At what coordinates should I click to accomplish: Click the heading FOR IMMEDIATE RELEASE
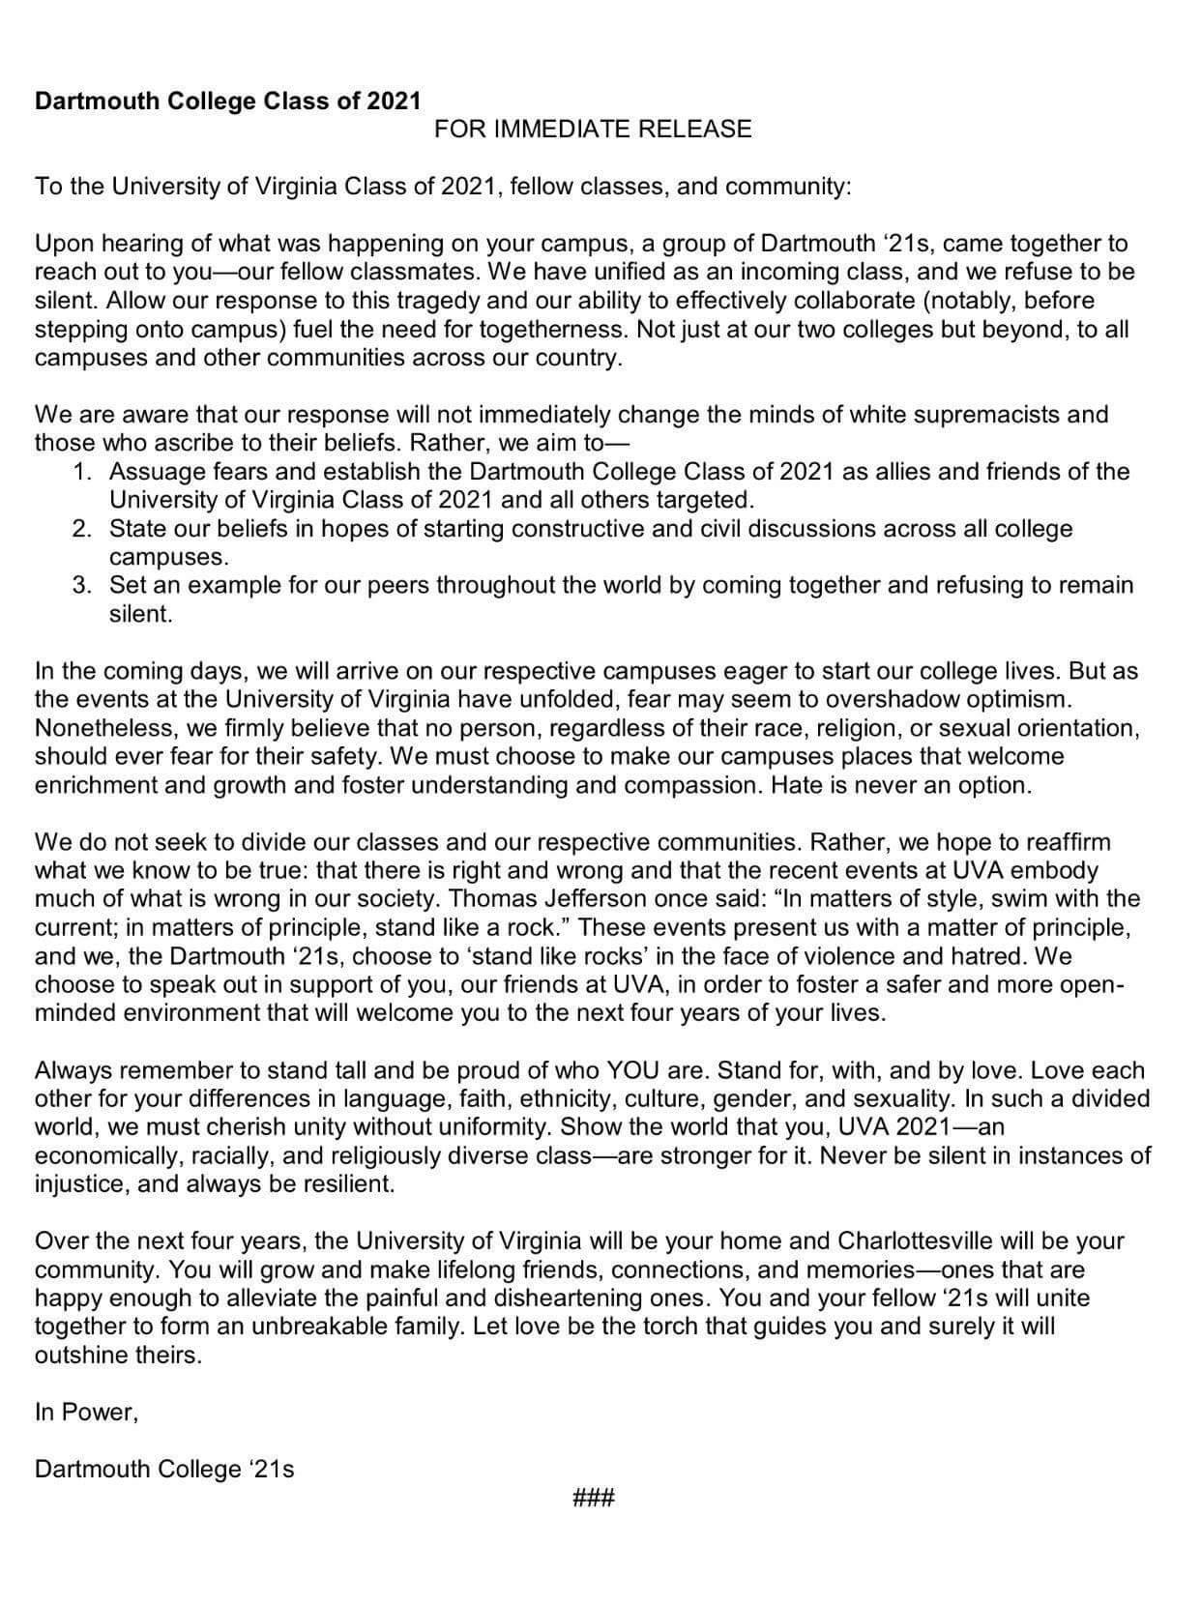click(592, 129)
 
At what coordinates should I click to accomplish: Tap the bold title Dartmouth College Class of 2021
click(228, 101)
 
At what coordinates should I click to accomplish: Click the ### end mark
click(594, 1499)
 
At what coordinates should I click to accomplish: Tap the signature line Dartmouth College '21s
click(164, 1469)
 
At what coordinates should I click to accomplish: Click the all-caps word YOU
click(633, 1070)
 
